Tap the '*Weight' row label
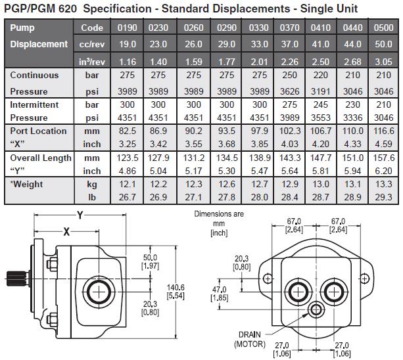(x=27, y=185)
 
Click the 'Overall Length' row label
(x=39, y=158)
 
